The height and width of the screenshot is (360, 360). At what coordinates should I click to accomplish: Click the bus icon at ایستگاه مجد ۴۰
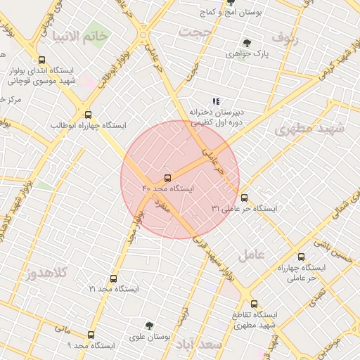[167, 178]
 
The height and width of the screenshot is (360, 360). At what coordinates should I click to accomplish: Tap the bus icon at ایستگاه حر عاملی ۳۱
[244, 198]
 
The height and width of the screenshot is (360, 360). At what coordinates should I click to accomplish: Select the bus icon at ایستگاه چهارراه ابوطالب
[88, 114]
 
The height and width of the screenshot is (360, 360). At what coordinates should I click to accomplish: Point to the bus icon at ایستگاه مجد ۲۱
[114, 278]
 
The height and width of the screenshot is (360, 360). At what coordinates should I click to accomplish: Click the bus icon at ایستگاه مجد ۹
[91, 335]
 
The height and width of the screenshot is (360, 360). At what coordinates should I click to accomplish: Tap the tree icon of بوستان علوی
[149, 326]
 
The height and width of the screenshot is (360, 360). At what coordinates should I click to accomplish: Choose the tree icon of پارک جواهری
[246, 43]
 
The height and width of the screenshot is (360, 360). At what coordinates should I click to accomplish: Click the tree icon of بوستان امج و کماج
[230, 2]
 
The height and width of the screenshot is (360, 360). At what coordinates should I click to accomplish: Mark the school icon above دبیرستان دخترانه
[216, 101]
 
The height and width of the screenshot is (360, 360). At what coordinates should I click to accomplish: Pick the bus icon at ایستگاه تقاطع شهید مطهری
[255, 304]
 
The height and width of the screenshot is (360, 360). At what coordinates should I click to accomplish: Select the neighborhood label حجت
[194, 32]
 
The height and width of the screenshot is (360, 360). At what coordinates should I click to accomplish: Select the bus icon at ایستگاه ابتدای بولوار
[42, 60]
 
